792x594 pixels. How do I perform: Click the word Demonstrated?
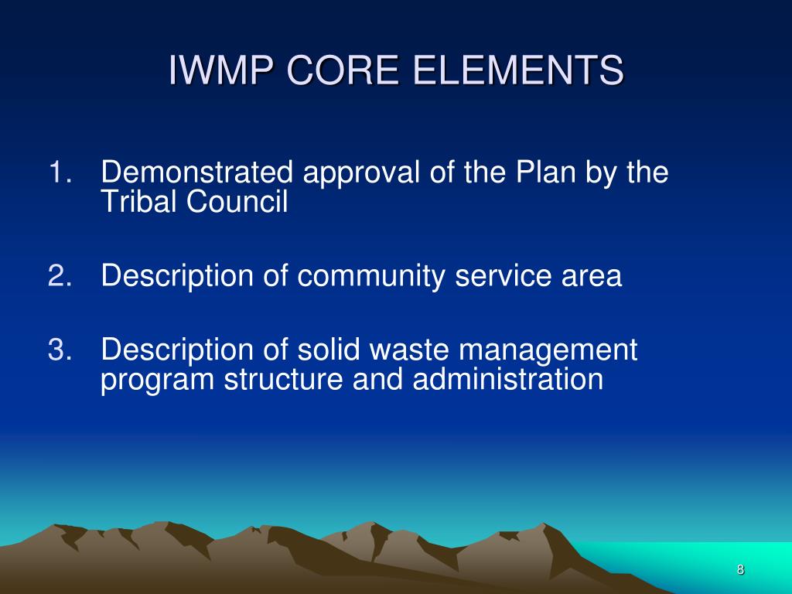pos(198,172)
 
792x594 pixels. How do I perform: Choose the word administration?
pos(507,380)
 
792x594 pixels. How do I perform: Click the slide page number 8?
pos(740,570)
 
